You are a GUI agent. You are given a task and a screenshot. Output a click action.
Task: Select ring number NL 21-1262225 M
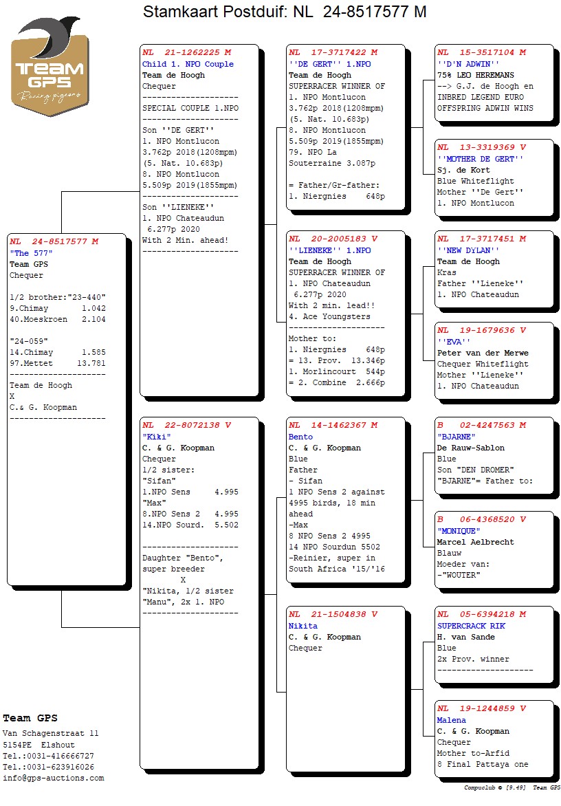pyautogui.click(x=186, y=53)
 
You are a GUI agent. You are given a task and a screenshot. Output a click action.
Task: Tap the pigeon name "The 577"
pyautogui.click(x=31, y=253)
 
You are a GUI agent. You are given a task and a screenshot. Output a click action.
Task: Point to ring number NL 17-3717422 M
pyautogui.click(x=333, y=53)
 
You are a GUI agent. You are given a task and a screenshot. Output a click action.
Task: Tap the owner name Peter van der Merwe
pyautogui.click(x=483, y=353)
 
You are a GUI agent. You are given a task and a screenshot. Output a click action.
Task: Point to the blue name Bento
pyautogui.click(x=300, y=437)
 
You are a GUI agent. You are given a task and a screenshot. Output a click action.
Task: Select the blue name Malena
pyautogui.click(x=451, y=720)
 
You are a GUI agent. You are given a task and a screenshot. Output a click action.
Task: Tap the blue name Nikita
pyautogui.click(x=303, y=626)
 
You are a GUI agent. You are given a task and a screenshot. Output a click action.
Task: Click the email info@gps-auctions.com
pyautogui.click(x=54, y=778)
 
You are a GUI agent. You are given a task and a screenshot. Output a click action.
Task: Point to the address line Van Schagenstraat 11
pyautogui.click(x=51, y=734)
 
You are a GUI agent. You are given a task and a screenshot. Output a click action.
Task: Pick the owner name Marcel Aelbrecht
pyautogui.click(x=475, y=542)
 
